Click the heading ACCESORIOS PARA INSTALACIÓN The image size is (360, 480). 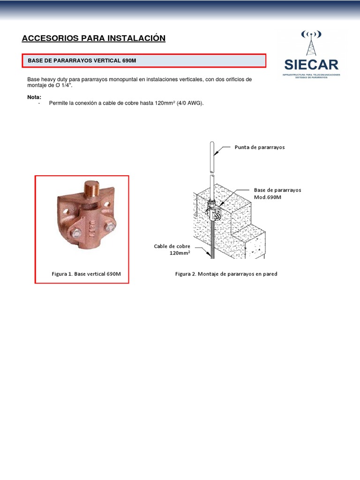pyautogui.click(x=94, y=38)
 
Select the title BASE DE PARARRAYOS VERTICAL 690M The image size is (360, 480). pyautogui.click(x=82, y=61)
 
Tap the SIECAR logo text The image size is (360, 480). pyautogui.click(x=312, y=64)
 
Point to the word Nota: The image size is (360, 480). pyautogui.click(x=34, y=97)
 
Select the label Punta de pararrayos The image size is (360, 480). pyautogui.click(x=259, y=147)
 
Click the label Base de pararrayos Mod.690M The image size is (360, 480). pyautogui.click(x=277, y=194)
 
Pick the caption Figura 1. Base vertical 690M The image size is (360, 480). pyautogui.click(x=86, y=274)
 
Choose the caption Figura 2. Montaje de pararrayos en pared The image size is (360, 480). pyautogui.click(x=226, y=274)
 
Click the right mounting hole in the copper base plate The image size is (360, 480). pyautogui.click(x=109, y=204)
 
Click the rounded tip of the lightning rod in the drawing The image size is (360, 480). pyautogui.click(x=212, y=142)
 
